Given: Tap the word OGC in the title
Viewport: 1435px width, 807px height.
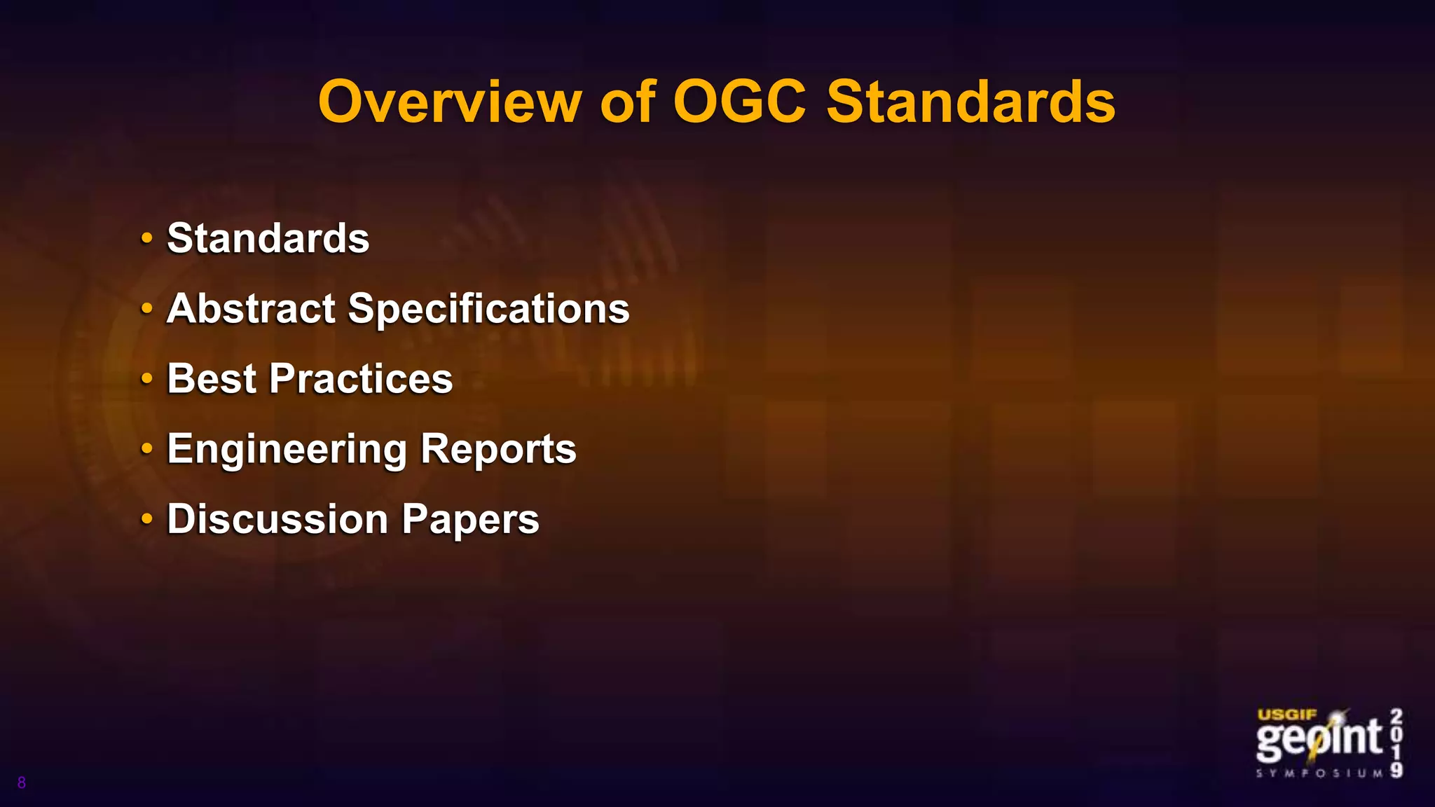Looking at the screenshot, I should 739,102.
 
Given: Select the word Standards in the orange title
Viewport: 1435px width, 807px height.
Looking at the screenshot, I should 970,102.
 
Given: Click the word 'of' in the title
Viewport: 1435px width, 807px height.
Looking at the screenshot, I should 628,102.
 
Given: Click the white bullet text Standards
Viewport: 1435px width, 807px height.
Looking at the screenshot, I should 268,238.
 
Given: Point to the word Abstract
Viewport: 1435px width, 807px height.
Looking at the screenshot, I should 252,308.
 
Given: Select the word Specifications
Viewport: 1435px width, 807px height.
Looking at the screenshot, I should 488,310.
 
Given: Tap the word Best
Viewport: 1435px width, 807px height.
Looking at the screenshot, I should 212,378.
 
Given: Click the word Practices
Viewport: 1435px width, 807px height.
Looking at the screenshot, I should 361,378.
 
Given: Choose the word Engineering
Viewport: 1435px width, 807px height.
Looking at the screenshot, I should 287,450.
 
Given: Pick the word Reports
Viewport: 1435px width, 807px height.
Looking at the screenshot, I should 498,450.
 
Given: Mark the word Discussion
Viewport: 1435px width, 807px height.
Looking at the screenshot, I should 277,519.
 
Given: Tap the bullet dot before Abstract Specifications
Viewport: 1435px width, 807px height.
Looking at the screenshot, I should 146,308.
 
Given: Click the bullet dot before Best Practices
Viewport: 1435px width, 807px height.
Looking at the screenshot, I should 146,378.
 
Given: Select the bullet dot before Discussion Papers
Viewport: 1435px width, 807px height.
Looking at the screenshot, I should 146,519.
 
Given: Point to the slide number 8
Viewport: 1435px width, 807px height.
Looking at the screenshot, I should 22,782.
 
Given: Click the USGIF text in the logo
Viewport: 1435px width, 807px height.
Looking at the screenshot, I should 1287,715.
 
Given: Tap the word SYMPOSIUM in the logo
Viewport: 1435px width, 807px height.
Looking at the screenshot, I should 1319,773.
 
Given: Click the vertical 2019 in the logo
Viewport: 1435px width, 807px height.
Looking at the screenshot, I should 1396,743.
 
